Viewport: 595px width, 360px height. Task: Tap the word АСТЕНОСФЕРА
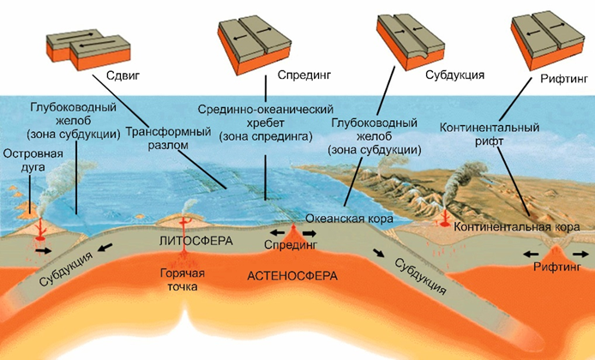(x=292, y=276)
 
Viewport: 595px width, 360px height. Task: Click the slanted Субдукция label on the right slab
(x=419, y=273)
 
